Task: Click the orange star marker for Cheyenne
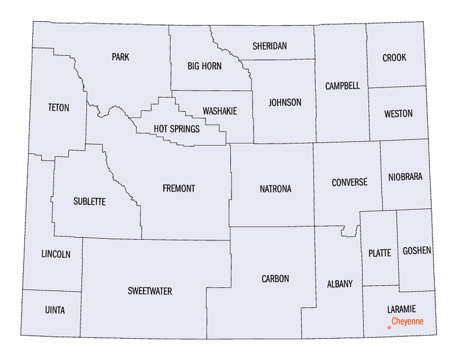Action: click(390, 328)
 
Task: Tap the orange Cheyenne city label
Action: click(407, 321)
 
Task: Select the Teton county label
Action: click(59, 108)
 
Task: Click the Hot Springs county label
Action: click(176, 129)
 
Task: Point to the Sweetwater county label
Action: click(150, 291)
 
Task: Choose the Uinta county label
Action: click(54, 311)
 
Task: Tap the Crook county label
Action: click(394, 58)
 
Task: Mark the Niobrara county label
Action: click(405, 178)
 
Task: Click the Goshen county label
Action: click(416, 251)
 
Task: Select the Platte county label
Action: click(380, 253)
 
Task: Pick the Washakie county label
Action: click(220, 111)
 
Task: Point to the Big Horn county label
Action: click(205, 66)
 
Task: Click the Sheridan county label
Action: click(270, 46)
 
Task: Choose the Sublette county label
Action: click(89, 201)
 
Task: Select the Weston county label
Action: click(398, 114)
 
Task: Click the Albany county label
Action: click(340, 284)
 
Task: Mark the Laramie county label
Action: click(401, 310)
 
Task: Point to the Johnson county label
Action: click(285, 103)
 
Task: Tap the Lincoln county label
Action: click(56, 254)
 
